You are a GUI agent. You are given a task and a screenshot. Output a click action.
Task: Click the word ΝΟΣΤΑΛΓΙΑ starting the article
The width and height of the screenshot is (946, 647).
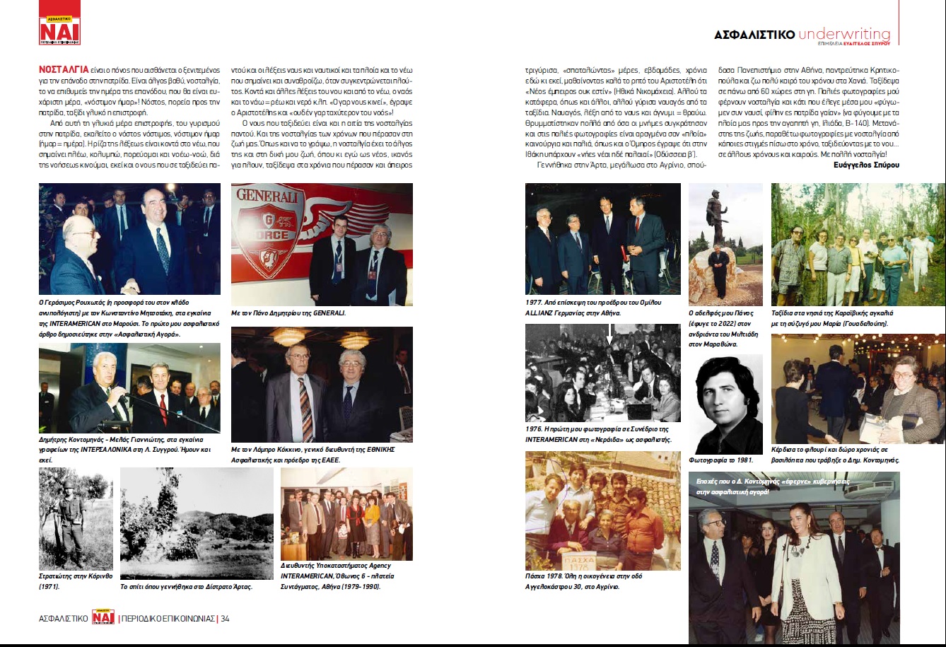64,70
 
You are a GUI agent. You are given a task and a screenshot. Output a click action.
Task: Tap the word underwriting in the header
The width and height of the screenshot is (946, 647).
844,35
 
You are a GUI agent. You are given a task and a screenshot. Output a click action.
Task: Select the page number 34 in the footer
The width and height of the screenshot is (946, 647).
225,618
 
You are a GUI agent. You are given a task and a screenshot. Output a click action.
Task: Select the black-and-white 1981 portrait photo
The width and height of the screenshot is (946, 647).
725,404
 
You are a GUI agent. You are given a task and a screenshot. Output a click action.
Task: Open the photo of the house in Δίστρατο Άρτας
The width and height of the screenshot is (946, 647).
197,523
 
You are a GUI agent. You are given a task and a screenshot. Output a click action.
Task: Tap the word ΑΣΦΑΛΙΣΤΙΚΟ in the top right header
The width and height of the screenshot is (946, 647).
754,35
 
